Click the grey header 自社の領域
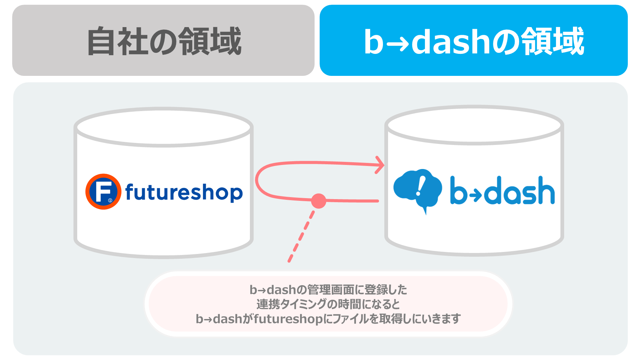(x=163, y=40)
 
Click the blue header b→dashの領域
(x=473, y=40)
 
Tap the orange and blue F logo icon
(x=103, y=192)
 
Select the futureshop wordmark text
(x=184, y=192)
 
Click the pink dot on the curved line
(x=318, y=201)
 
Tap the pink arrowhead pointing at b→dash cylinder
(x=380, y=165)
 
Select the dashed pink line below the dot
(x=301, y=236)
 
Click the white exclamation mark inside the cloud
(x=420, y=186)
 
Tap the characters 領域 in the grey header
(x=210, y=41)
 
